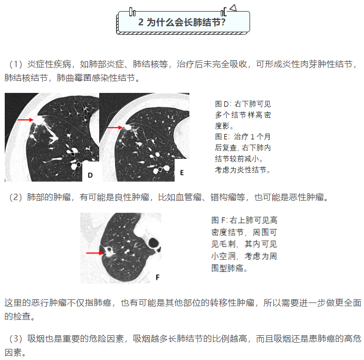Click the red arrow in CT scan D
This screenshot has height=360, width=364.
(25, 120)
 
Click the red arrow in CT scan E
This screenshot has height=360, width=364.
(114, 128)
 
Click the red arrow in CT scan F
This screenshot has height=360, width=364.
(95, 253)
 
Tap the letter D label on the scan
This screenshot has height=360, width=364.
(90, 175)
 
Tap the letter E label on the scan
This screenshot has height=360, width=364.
(182, 173)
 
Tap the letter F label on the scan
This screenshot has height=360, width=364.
(158, 277)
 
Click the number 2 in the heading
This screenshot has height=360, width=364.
(141, 22)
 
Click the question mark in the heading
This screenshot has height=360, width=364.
(223, 22)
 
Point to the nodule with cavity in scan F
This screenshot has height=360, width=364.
(109, 251)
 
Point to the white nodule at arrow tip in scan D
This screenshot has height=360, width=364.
(39, 120)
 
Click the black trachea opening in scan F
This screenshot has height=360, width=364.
(154, 243)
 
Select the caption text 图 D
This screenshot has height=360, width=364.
(222, 104)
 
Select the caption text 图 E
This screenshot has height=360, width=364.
(222, 137)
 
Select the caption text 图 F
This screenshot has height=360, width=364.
(219, 220)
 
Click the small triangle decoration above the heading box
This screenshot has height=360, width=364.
(233, 8)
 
